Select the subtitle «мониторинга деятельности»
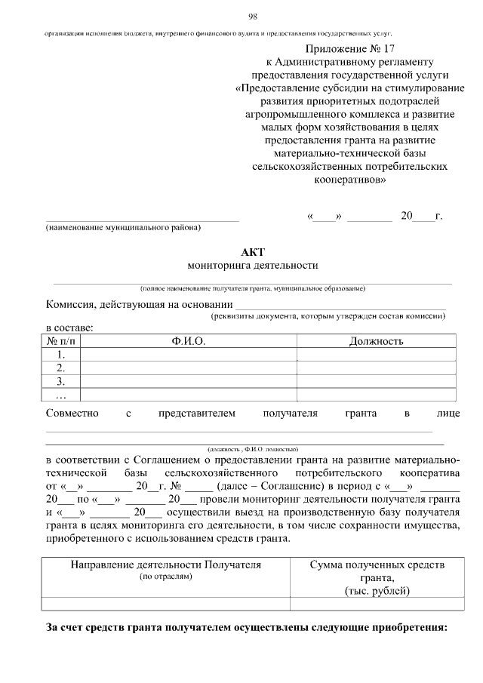coord(252,266)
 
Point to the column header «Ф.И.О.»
coord(188,341)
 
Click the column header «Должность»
coord(376,341)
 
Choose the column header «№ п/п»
coord(62,341)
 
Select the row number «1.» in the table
coord(62,355)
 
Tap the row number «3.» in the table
coord(62,382)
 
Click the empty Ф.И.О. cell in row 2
coord(188,368)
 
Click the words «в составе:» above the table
coord(70,328)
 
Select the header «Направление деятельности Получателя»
coord(166,565)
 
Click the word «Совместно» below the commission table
coord(72,414)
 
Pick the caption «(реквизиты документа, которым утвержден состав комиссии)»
coord(328,316)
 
